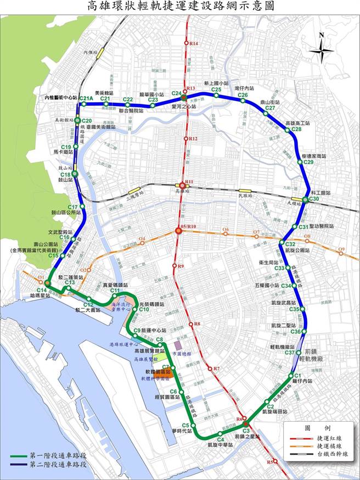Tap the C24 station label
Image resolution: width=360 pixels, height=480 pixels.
pos(176,93)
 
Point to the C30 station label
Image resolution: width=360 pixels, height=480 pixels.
pos(313,199)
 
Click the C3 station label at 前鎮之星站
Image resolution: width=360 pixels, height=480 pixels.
pos(246,431)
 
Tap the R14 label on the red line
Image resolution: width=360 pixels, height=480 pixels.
pos(193,43)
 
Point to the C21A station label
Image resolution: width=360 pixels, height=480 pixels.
pos(85,99)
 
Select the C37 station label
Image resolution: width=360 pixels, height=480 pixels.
pos(290,353)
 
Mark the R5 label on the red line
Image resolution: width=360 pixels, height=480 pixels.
pos(269,462)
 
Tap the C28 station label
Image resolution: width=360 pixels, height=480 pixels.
pos(297,130)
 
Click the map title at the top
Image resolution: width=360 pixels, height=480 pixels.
pos(179,7)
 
